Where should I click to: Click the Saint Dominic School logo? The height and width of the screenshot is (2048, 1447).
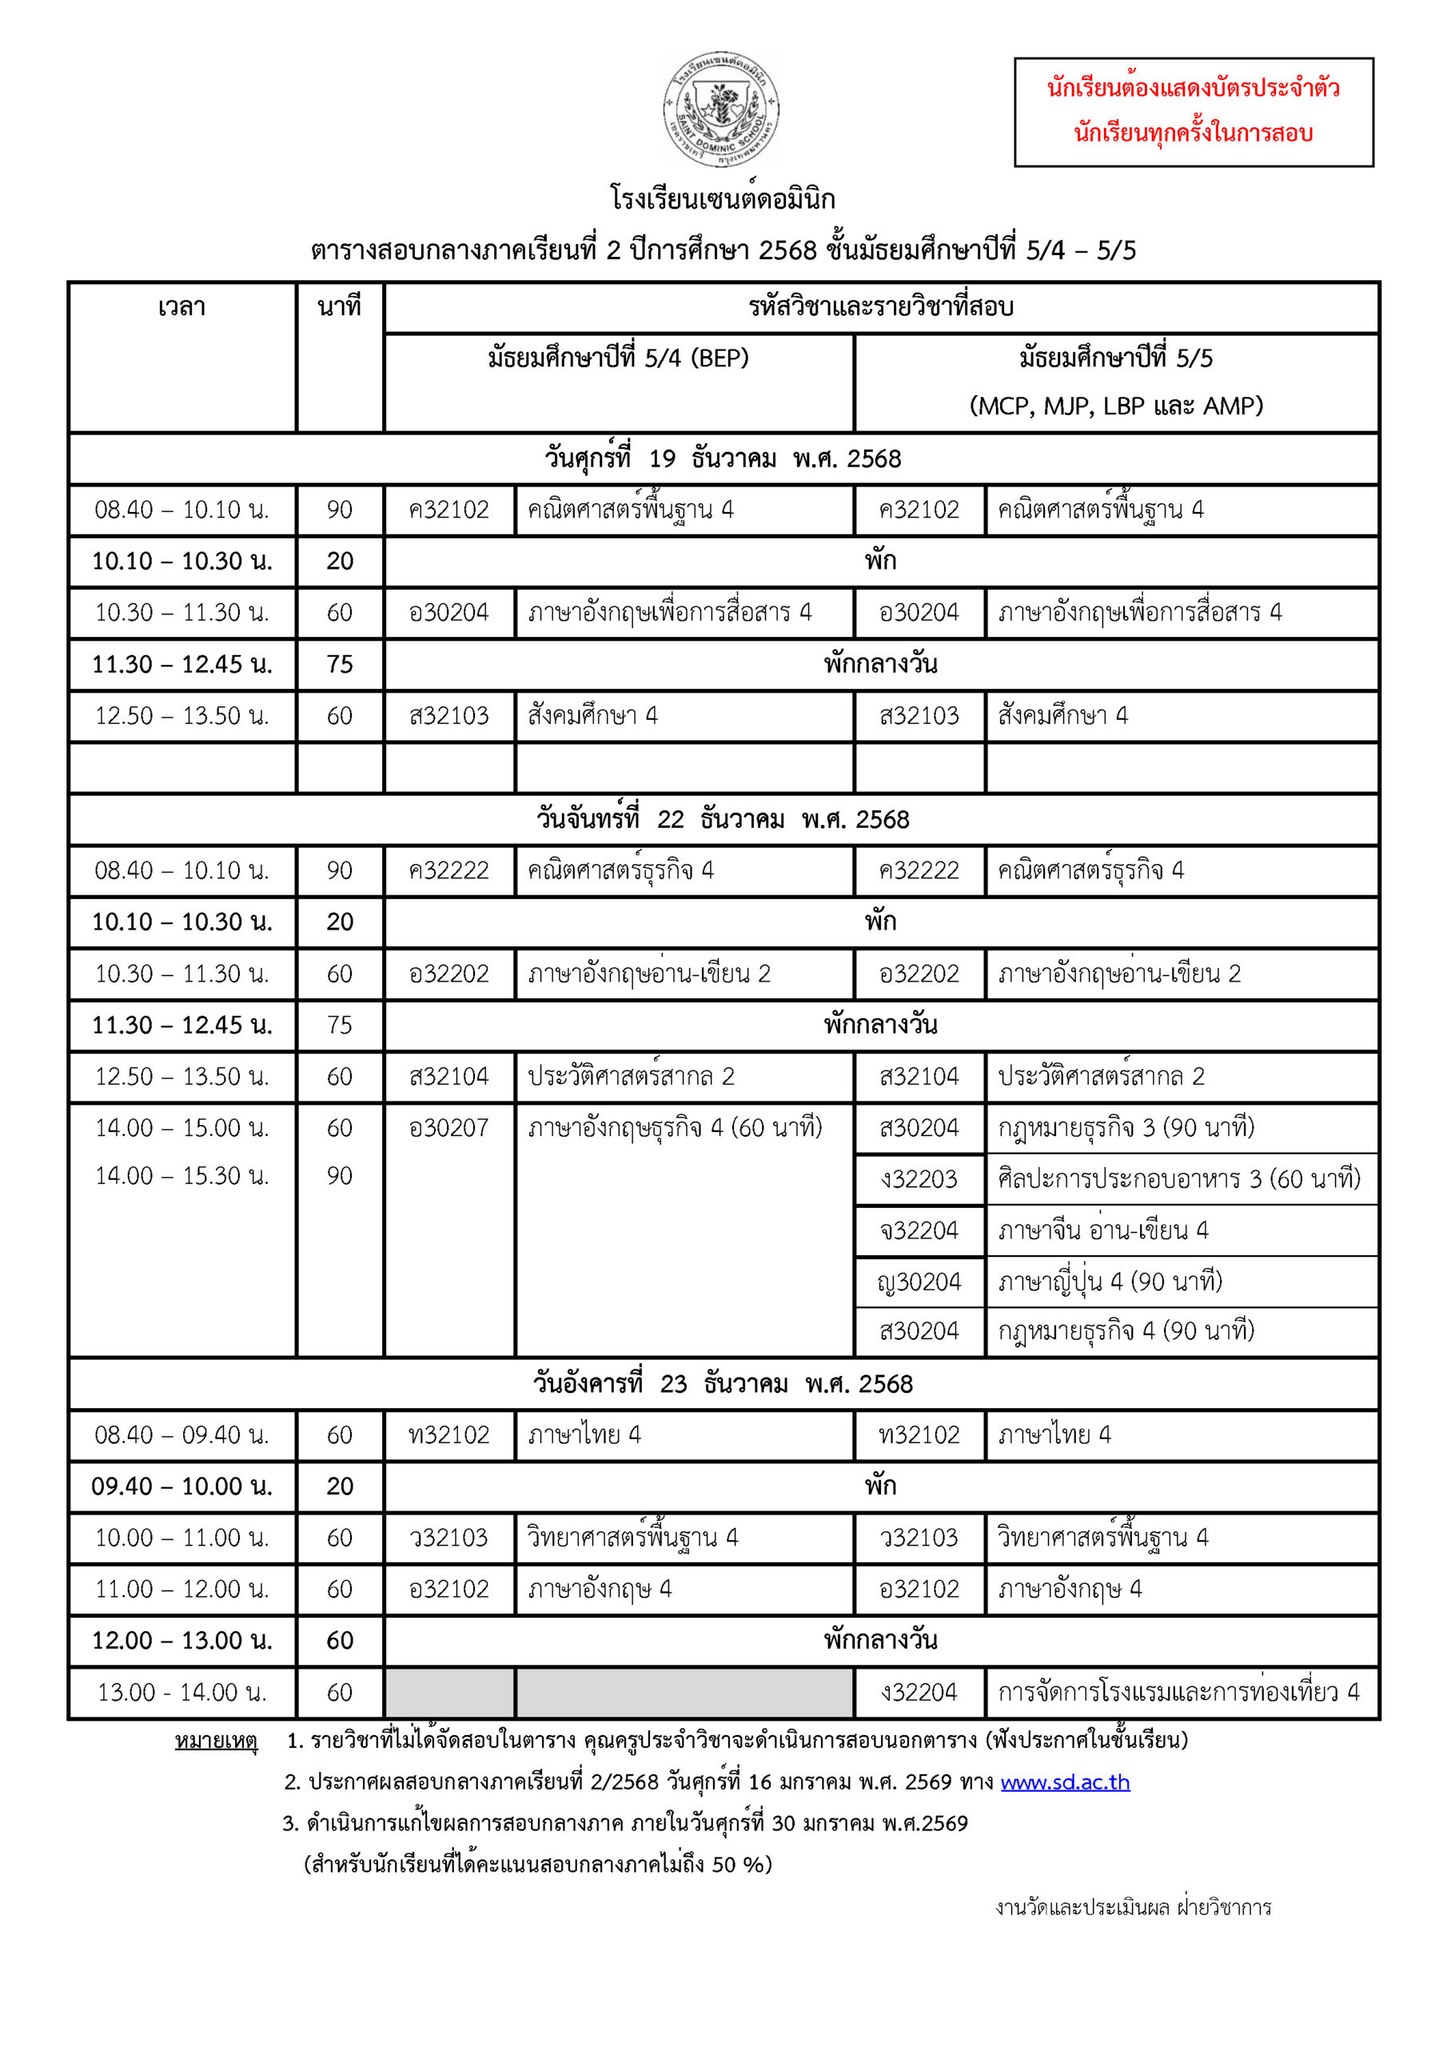[x=720, y=109]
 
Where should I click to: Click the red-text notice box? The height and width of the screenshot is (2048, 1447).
[x=1193, y=111]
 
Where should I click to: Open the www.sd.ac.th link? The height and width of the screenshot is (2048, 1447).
[x=1065, y=1782]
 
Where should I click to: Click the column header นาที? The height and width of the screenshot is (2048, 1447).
[x=339, y=307]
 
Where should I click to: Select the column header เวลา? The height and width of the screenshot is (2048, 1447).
[x=182, y=307]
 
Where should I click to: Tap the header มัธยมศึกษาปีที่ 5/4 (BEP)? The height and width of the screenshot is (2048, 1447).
[x=618, y=358]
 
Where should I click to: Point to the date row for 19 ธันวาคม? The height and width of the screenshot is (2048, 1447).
[x=722, y=458]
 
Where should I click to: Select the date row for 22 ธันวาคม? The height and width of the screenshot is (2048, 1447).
[x=722, y=819]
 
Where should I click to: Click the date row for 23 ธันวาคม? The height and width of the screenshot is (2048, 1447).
[x=722, y=1383]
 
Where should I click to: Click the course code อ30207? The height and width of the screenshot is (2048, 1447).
[x=448, y=1127]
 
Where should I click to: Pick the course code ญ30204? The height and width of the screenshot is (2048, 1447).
[x=919, y=1282]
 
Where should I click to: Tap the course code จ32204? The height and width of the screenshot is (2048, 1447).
[x=919, y=1230]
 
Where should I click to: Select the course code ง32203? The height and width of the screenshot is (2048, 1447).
[x=919, y=1179]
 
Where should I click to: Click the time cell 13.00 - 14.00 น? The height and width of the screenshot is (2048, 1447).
[x=182, y=1692]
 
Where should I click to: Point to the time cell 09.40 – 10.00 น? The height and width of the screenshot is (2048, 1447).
[x=182, y=1486]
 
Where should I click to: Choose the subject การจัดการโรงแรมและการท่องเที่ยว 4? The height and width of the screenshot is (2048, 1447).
[x=1178, y=1692]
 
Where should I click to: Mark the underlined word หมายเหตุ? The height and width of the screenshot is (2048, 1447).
[x=216, y=1740]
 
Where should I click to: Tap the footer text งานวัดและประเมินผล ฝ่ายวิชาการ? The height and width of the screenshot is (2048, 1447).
[x=1132, y=1907]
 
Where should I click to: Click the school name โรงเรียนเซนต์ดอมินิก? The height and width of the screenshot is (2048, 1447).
[x=722, y=198]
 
